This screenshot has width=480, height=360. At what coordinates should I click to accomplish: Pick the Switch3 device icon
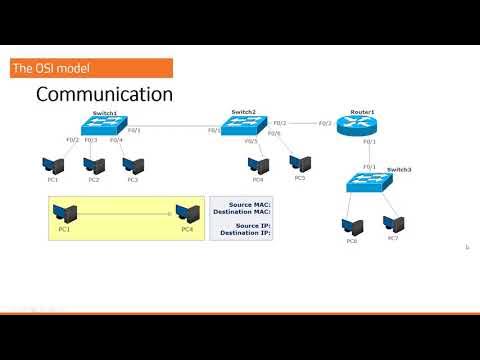pos(368,181)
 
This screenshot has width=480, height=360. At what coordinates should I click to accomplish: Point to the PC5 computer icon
pos(299,161)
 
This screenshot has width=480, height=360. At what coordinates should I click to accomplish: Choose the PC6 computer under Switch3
pos(351,223)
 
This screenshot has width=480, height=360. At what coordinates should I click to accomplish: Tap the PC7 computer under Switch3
pos(392,222)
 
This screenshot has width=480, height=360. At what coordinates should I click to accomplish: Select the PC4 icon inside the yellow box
pos(186,212)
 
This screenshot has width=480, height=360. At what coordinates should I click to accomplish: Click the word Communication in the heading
pos(104,94)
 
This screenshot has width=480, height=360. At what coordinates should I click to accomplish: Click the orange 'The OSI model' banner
pos(91,68)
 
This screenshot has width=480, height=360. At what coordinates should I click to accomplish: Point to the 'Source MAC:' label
pos(243,204)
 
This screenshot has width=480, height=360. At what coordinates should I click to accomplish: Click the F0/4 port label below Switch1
pos(116,140)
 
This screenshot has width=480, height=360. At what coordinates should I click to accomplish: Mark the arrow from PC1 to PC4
pos(126,212)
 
